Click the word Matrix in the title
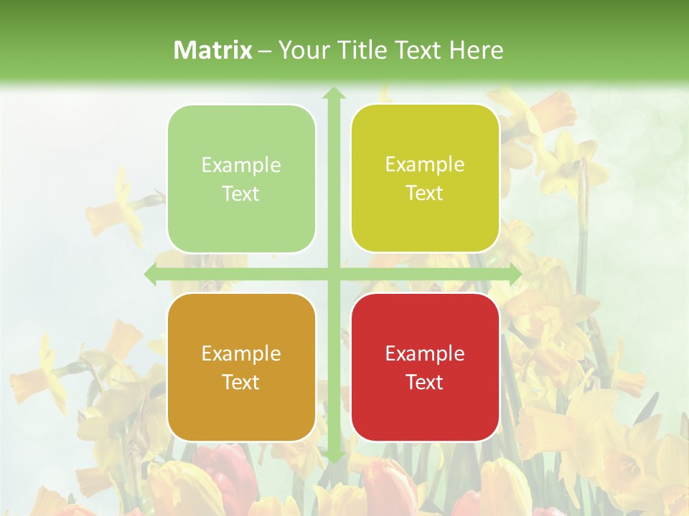click(213, 50)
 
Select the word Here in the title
click(477, 50)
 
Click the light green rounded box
click(241, 179)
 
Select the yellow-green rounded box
click(425, 178)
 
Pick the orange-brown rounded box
click(241, 367)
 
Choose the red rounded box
click(425, 367)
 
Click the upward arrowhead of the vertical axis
click(333, 92)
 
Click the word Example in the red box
click(425, 353)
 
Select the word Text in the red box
click(425, 382)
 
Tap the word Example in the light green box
click(241, 166)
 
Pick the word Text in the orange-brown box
click(241, 382)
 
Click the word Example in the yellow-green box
click(425, 165)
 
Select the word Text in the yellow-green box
click(425, 193)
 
